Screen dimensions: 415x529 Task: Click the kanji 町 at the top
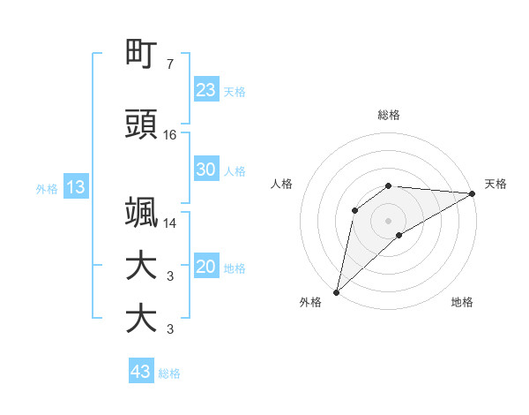(x=141, y=55)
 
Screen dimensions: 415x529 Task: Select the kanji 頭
(x=141, y=125)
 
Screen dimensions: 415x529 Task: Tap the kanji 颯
(x=141, y=213)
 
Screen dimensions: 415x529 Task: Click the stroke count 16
(x=171, y=135)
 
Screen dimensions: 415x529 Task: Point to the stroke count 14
(x=171, y=223)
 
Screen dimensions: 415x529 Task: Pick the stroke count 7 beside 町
(x=170, y=64)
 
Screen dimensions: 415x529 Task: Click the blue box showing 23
(x=206, y=90)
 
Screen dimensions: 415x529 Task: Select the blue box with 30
(x=206, y=170)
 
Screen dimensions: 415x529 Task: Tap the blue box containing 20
(x=206, y=267)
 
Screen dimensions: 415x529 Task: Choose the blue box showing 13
(x=75, y=187)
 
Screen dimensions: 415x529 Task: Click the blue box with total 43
(x=141, y=372)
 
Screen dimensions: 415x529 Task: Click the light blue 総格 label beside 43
(x=169, y=373)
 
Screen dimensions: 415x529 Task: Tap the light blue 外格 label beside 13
(x=47, y=189)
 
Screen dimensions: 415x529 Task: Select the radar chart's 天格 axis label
(x=495, y=184)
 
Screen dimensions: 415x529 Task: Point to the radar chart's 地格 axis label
(x=462, y=302)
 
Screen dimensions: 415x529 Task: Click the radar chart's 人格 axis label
(x=281, y=184)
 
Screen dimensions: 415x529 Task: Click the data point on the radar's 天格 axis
(x=473, y=193)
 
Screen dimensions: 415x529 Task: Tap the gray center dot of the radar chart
(x=389, y=220)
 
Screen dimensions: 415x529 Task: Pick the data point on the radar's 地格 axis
(x=399, y=235)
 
